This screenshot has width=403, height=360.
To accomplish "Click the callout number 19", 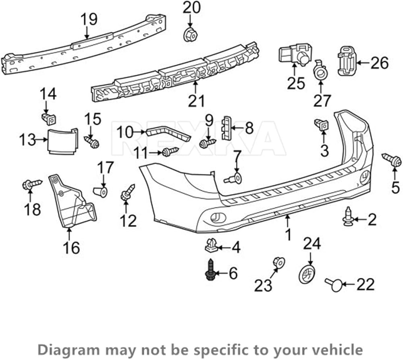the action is (x=89, y=19).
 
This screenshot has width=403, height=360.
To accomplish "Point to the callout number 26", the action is (x=380, y=63).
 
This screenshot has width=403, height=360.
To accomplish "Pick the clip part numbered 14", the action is (x=49, y=119).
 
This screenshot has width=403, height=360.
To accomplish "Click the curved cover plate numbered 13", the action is (x=63, y=141).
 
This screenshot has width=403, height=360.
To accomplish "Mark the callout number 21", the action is (x=196, y=101).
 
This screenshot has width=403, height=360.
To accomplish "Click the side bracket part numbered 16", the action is (x=73, y=201).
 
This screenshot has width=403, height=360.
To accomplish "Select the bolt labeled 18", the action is (x=32, y=184).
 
